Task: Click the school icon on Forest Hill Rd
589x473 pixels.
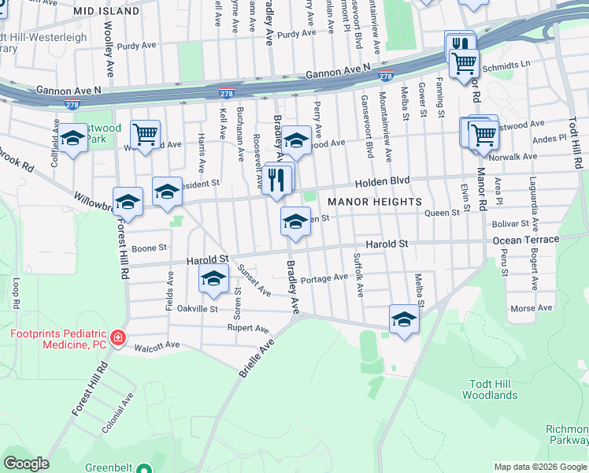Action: click(x=128, y=203)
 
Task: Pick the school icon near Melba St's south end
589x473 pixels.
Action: click(x=404, y=319)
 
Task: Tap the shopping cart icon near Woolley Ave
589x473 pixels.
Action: click(x=146, y=136)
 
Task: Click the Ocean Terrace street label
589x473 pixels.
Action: click(x=525, y=240)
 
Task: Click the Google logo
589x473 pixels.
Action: click(x=26, y=464)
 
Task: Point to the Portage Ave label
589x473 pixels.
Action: click(x=324, y=277)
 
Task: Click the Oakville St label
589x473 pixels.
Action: click(x=197, y=308)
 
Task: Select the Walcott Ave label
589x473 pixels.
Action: click(x=157, y=345)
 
